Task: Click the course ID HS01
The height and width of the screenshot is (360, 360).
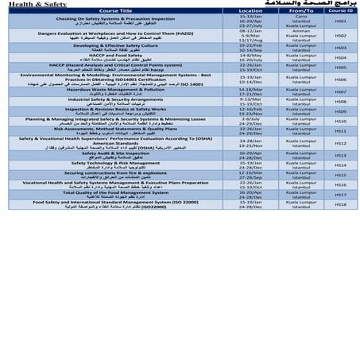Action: (339, 21)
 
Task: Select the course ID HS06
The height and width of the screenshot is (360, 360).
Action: (339, 79)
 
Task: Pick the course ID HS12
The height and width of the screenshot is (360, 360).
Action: (339, 143)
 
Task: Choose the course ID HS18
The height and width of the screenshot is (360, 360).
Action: (339, 205)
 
